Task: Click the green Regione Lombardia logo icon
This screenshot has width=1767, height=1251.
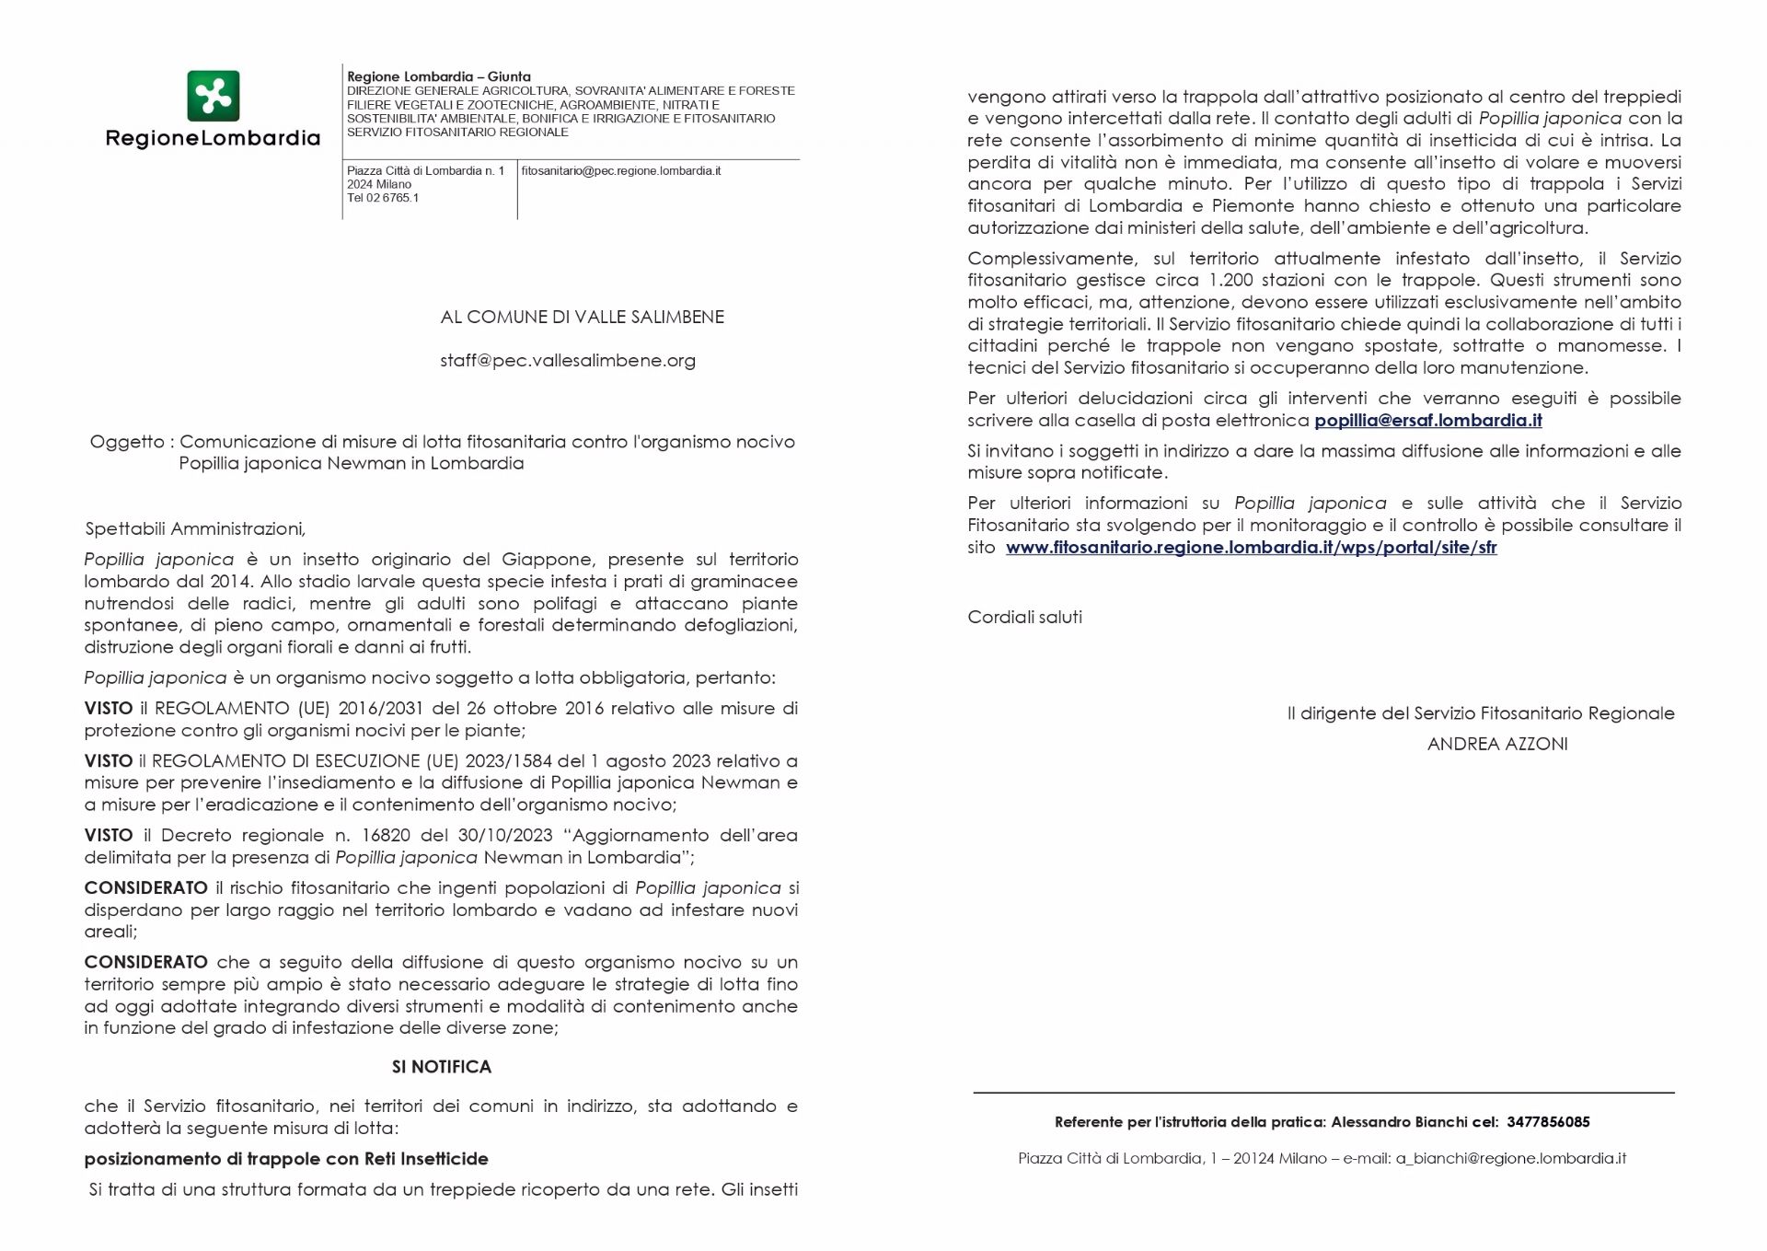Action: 213,96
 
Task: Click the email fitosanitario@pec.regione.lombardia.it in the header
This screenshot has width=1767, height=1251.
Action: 621,171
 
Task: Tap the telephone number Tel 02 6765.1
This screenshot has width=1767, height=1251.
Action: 383,198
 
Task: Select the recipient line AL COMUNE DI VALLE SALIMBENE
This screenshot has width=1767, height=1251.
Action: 582,318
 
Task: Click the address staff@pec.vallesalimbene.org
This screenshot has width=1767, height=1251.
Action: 568,361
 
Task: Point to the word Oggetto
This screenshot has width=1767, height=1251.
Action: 127,442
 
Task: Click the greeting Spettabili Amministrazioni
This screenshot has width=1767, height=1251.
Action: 194,529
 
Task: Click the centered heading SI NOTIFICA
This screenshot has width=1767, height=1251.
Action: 442,1067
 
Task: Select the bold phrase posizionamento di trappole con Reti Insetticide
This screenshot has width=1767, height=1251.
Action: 286,1159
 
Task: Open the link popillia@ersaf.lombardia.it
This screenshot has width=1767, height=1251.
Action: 1428,421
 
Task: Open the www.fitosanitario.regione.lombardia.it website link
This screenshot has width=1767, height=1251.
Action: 1251,548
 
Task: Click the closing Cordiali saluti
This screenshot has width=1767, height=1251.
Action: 1024,618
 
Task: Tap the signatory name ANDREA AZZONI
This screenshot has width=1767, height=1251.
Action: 1497,745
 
